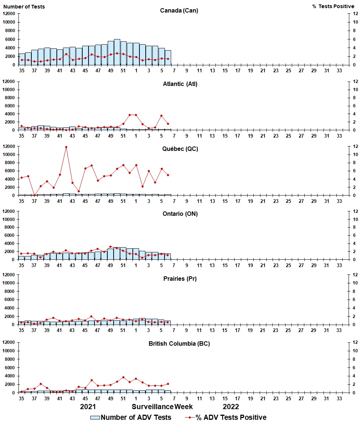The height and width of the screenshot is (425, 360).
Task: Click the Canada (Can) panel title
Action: [179, 10]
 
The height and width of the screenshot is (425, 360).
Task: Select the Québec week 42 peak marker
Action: [66, 147]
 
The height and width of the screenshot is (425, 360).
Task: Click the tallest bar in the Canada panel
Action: [117, 52]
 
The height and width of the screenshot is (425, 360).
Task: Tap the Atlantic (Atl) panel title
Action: [180, 84]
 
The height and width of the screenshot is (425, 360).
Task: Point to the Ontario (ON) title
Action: [180, 214]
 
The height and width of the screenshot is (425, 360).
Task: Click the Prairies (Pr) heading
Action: [180, 279]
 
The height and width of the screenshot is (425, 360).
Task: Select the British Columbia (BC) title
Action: [179, 343]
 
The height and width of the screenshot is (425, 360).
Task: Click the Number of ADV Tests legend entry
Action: [131, 417]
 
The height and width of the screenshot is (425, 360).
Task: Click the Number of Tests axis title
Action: [24, 6]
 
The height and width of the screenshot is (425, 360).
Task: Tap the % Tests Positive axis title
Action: [333, 6]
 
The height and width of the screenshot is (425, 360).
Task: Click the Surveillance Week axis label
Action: [162, 407]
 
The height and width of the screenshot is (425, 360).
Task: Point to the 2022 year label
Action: [231, 407]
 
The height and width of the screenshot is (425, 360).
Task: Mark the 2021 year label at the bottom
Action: [88, 407]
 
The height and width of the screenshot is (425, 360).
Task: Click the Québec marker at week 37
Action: [34, 195]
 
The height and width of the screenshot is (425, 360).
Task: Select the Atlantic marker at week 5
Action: [161, 115]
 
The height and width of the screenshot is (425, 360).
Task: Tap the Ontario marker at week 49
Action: [110, 246]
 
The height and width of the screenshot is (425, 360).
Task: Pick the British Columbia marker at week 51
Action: [123, 377]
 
